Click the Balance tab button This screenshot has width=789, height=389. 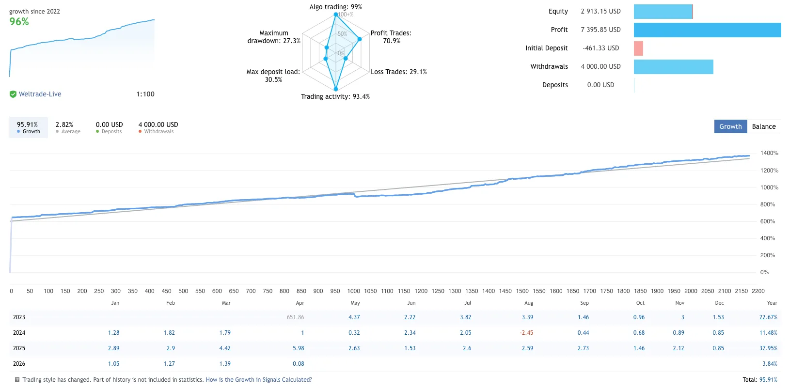click(x=764, y=126)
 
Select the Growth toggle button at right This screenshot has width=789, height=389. click(x=730, y=126)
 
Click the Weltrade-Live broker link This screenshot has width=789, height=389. click(x=40, y=94)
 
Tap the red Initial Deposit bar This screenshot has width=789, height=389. click(x=638, y=48)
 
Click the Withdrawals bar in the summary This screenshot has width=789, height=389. click(x=673, y=67)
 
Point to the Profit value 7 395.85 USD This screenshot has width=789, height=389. click(x=600, y=30)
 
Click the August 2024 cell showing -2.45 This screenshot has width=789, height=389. click(x=527, y=333)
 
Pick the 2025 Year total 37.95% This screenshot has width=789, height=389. click(x=768, y=348)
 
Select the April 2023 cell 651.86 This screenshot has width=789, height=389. click(x=295, y=317)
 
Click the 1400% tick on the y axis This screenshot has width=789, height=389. click(x=769, y=153)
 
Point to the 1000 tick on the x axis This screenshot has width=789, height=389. click(x=353, y=291)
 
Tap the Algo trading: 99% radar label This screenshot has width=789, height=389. click(x=335, y=7)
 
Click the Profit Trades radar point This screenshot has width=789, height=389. click(x=360, y=39)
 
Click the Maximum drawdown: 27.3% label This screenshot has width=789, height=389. click(x=274, y=37)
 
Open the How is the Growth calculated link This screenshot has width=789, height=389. click(x=259, y=380)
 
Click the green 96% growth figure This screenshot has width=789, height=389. click(x=19, y=22)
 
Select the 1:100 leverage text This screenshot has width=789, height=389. click(x=145, y=94)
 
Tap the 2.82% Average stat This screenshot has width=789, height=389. click(x=64, y=124)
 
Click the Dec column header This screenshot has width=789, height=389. click(x=719, y=303)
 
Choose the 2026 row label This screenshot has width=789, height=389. click(x=19, y=364)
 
